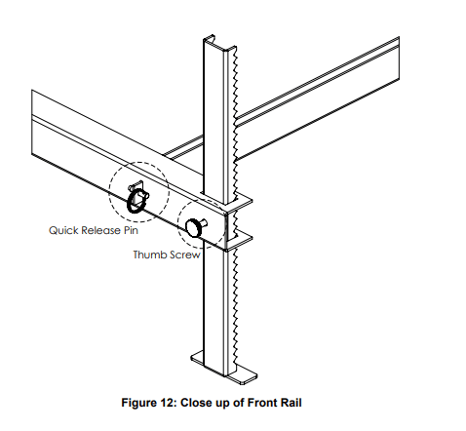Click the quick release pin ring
tap(131, 203)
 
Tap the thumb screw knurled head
tap(193, 228)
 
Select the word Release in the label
tap(100, 230)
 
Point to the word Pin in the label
tap(131, 230)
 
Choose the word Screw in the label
tap(183, 255)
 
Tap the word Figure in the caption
tap(139, 403)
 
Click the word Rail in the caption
tap(291, 403)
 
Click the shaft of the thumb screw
tap(204, 223)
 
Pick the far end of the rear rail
tap(399, 58)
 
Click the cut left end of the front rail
tap(32, 122)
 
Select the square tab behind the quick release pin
tap(137, 186)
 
